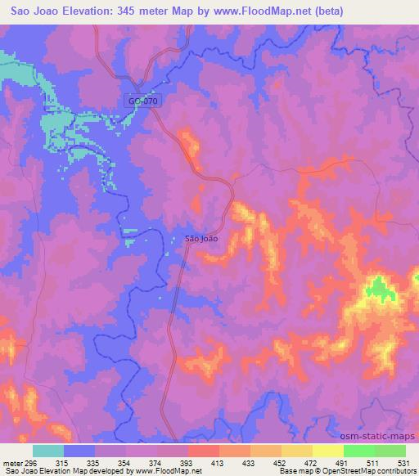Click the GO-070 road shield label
(x=142, y=101)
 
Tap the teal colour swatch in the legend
(x=48, y=450)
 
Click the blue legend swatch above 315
(x=79, y=450)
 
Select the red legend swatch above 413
(x=204, y=450)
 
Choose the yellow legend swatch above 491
(x=328, y=450)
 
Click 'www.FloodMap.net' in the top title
(x=252, y=11)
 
